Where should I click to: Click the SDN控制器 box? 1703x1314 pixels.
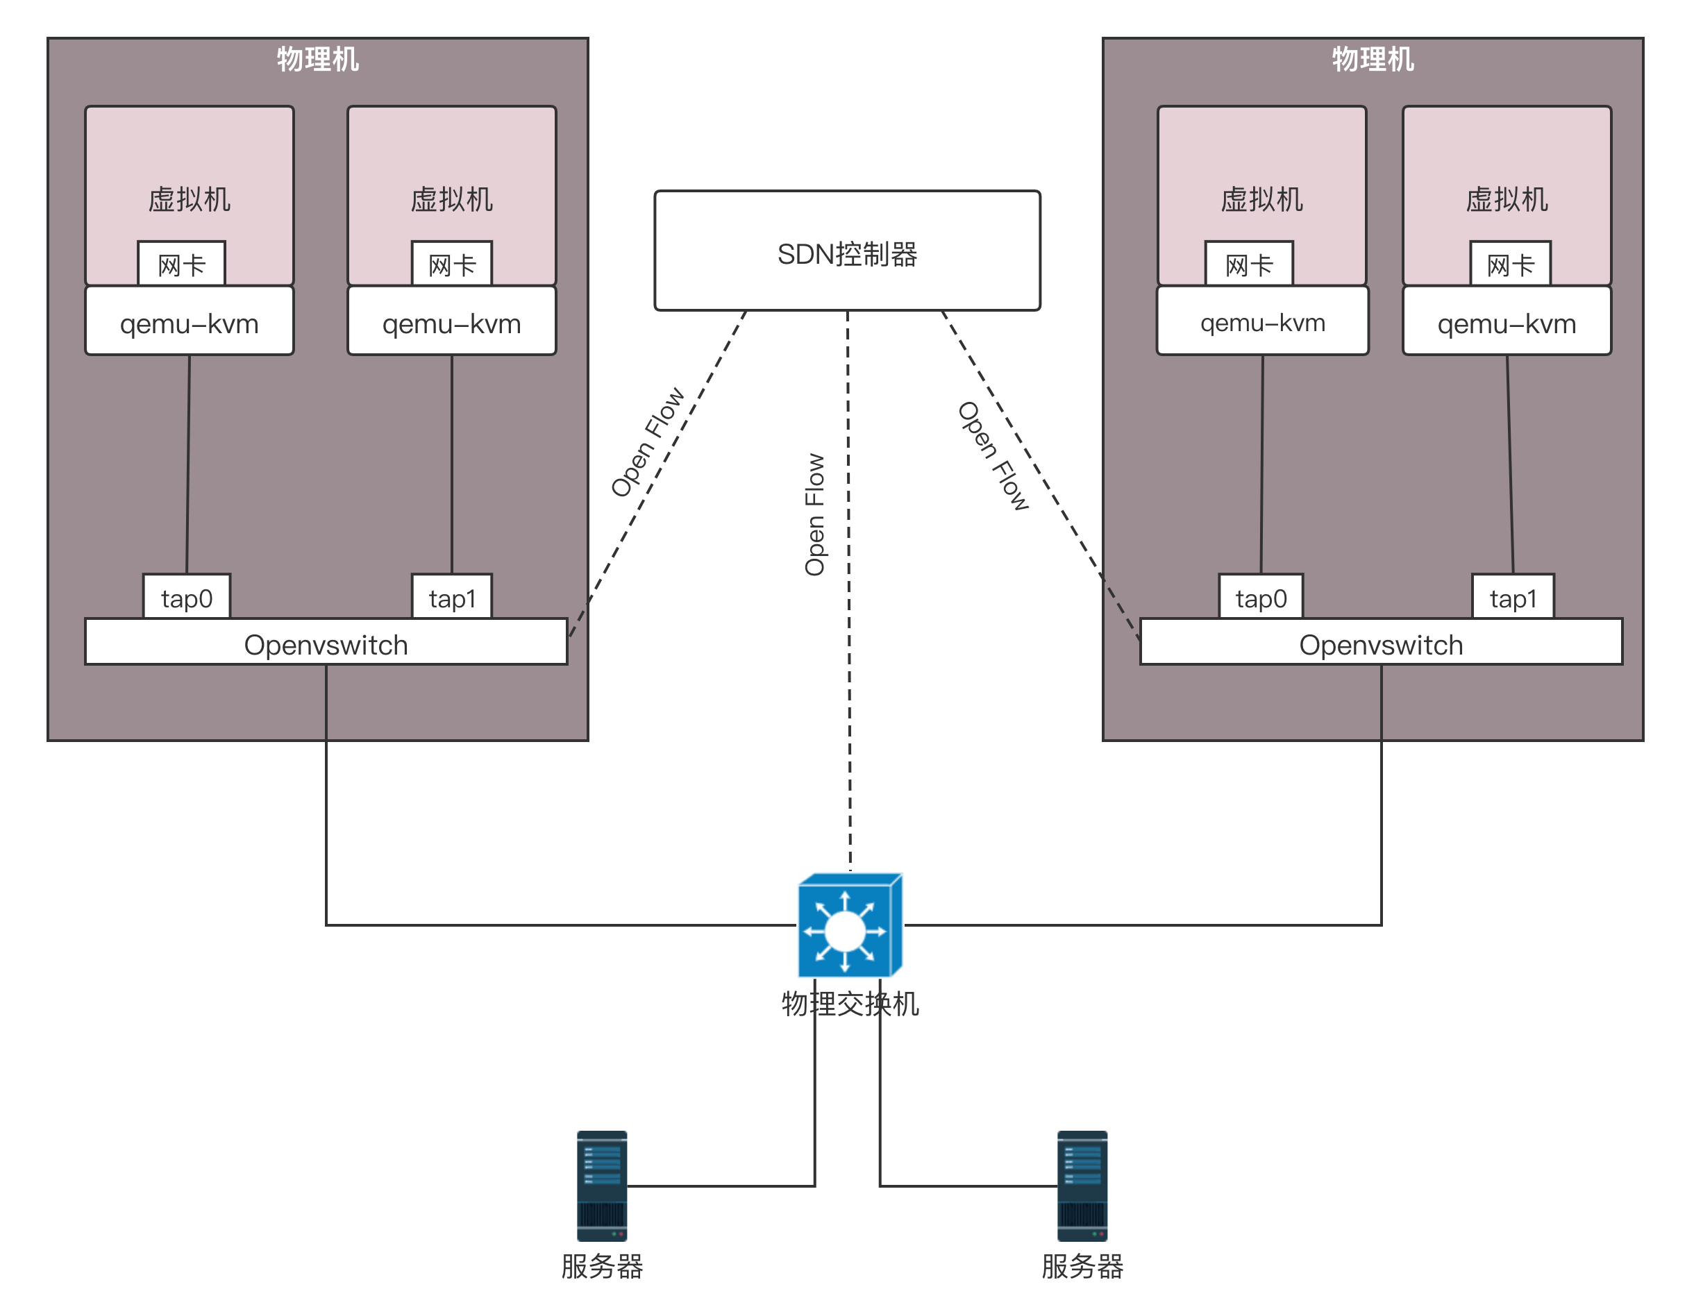(x=847, y=251)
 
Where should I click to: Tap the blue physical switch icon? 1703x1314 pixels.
(x=849, y=926)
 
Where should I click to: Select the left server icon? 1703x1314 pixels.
(x=602, y=1186)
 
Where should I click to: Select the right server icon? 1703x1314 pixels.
(x=1082, y=1186)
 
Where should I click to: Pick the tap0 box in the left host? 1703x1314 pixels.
(x=186, y=598)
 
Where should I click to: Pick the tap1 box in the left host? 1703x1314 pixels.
(x=451, y=598)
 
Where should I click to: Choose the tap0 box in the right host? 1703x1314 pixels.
(x=1261, y=598)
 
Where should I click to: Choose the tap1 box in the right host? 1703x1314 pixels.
(x=1513, y=598)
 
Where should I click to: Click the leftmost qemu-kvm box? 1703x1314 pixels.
(x=190, y=322)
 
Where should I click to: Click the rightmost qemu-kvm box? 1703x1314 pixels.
(x=1507, y=322)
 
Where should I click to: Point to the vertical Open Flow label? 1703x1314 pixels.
(x=814, y=514)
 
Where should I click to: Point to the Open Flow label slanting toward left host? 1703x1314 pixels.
(x=647, y=441)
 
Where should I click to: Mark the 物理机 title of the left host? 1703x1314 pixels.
(x=317, y=59)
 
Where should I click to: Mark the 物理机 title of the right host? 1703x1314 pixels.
(x=1373, y=59)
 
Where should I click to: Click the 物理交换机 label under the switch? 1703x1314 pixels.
(x=850, y=1004)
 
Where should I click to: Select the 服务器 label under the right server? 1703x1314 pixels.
(x=1082, y=1266)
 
